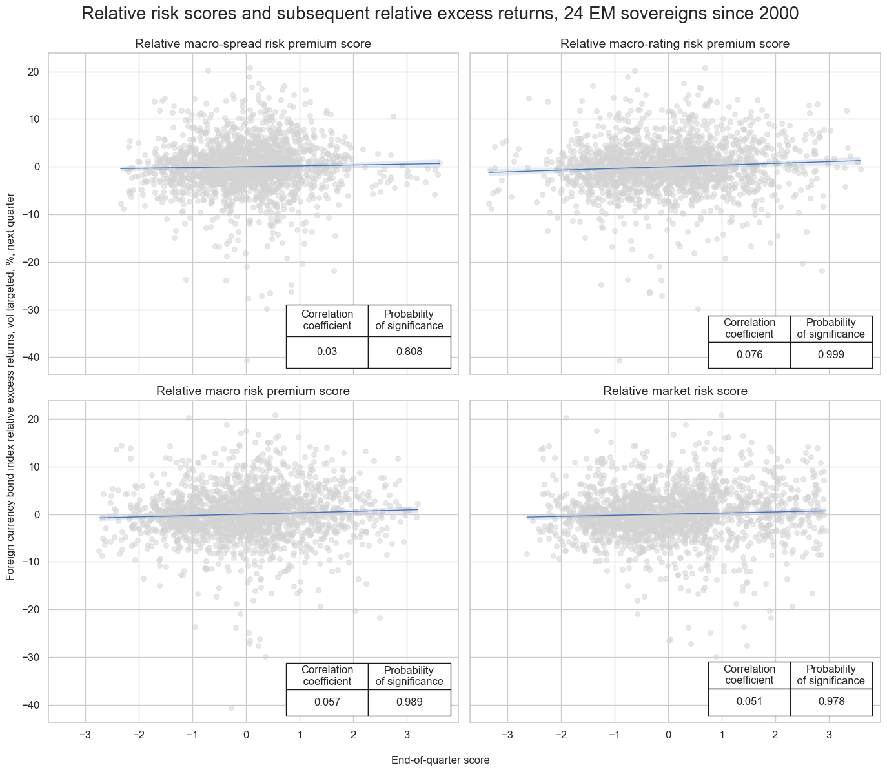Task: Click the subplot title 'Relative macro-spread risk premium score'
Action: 253,44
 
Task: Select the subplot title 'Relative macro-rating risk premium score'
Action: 675,44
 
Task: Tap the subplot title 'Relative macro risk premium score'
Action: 253,391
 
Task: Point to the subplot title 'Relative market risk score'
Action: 675,391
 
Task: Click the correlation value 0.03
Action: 327,352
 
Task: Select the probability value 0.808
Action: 409,352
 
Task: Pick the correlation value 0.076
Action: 749,355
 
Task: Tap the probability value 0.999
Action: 831,355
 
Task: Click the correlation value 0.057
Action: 327,702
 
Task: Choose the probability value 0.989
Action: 409,702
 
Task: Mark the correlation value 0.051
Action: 749,702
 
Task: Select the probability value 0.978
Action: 831,702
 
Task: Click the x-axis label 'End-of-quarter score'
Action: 440,760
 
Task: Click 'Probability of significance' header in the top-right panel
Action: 831,328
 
